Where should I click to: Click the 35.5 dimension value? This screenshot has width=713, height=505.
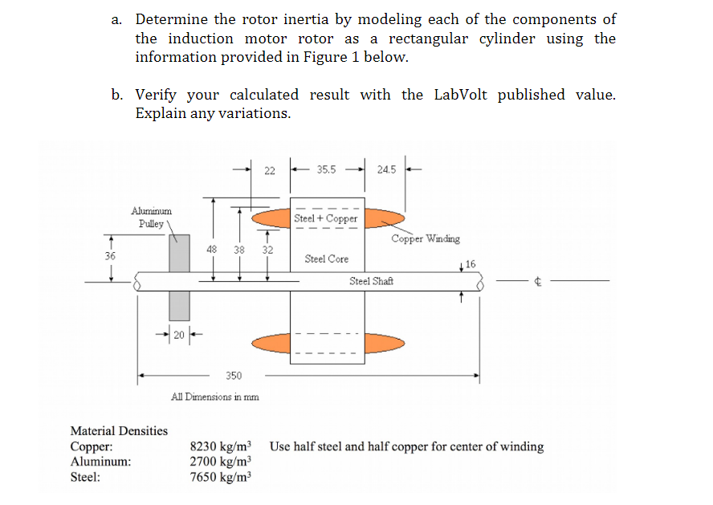327,170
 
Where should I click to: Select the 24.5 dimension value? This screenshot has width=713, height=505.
386,170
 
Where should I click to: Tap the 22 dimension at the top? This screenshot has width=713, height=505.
270,170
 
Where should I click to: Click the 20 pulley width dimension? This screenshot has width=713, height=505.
178,335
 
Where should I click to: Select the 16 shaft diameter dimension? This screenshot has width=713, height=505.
471,263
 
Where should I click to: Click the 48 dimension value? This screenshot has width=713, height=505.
212,250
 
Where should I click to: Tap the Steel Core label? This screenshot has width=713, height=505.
327,259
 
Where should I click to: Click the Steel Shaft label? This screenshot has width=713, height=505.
371,281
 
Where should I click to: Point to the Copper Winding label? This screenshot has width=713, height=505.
426,238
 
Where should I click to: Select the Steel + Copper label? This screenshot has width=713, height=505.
325,218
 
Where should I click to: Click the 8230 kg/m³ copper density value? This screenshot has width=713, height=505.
220,446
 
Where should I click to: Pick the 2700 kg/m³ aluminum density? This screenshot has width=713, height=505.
220,462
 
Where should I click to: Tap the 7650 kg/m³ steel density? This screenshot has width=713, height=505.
220,477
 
